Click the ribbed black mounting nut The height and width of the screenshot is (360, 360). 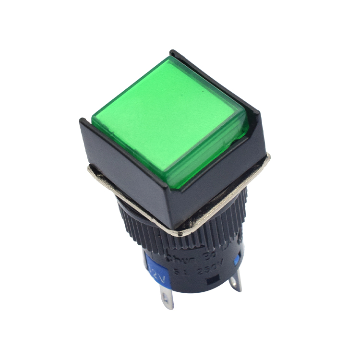point(144,226)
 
